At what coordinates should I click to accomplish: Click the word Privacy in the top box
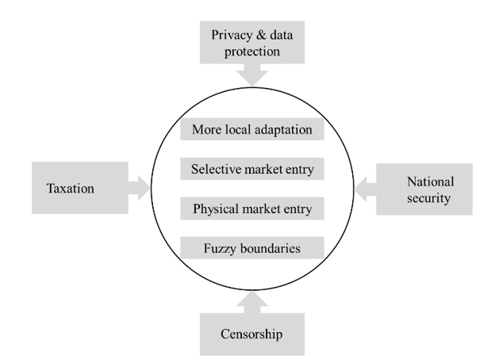232,35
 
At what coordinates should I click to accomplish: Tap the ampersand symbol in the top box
261,35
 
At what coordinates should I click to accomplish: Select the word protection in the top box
251,52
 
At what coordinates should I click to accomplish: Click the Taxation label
71,188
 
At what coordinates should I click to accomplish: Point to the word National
431,182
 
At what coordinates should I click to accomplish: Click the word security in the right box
429,198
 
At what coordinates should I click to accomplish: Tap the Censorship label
251,334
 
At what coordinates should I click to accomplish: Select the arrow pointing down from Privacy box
252,75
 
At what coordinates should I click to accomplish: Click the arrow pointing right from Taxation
139,188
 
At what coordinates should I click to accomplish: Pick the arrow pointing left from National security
365,190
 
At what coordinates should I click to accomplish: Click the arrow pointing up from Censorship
252,302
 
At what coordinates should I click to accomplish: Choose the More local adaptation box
252,129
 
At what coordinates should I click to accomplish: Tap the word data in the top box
282,35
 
